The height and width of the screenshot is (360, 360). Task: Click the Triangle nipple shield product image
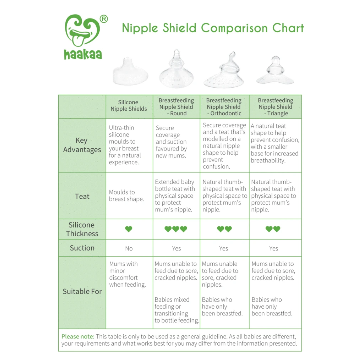click(x=275, y=71)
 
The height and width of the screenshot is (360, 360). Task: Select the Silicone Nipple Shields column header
click(x=129, y=105)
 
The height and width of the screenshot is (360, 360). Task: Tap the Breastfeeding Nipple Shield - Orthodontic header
click(x=224, y=107)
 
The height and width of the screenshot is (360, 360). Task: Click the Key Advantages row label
click(x=82, y=145)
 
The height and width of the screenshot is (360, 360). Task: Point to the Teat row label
click(x=82, y=196)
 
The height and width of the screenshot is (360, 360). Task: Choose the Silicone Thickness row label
click(x=82, y=229)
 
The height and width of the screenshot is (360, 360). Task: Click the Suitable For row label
click(x=82, y=291)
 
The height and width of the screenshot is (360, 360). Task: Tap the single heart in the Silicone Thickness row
click(x=129, y=229)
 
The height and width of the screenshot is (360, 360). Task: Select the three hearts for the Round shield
click(x=176, y=229)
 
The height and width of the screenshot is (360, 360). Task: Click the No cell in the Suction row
click(x=129, y=248)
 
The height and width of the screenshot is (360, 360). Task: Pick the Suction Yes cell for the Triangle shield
click(x=273, y=248)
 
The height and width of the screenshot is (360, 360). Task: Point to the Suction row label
click(x=82, y=248)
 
